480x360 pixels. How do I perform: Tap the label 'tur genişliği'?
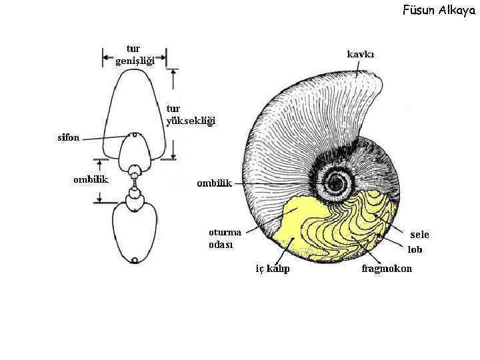pos(135,55)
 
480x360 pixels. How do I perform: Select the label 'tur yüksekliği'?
pos(190,115)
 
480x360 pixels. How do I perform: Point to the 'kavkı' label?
pos(361,54)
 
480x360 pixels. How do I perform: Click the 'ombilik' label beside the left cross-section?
pos(91,179)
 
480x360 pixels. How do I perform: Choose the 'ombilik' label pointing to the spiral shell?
pos(213,183)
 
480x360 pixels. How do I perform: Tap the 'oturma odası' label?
pos(225,238)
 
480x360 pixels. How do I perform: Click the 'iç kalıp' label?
pos(273,269)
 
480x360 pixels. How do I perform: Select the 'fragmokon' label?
pos(387,269)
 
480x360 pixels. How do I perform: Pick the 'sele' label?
pos(419,235)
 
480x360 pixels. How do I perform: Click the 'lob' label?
pos(415,250)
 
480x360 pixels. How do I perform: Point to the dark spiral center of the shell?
pos(336,183)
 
